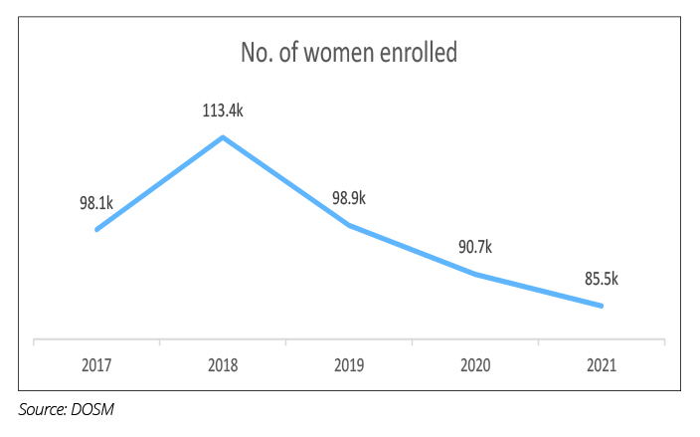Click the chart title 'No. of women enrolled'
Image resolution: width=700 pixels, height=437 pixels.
(x=349, y=52)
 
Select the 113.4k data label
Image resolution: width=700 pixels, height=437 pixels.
(x=223, y=109)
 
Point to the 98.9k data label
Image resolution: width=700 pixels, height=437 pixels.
(x=349, y=198)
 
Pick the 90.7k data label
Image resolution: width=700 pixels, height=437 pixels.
(x=475, y=247)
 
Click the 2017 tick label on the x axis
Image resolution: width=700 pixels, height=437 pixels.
(x=96, y=365)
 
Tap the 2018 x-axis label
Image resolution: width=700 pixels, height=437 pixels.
(x=223, y=365)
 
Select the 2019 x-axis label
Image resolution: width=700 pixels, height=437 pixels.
(x=349, y=365)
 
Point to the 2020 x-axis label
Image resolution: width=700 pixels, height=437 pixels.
(x=475, y=365)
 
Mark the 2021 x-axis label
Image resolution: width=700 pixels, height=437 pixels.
(x=602, y=365)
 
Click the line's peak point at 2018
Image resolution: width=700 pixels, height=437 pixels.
(x=223, y=137)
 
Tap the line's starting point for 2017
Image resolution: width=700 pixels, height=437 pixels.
(x=96, y=230)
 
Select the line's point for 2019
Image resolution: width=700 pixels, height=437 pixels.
(x=349, y=225)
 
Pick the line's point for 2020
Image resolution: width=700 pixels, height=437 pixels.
(x=475, y=274)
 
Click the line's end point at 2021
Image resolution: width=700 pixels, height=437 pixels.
(x=602, y=306)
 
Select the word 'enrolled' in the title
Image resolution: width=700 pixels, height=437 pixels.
(x=418, y=52)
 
